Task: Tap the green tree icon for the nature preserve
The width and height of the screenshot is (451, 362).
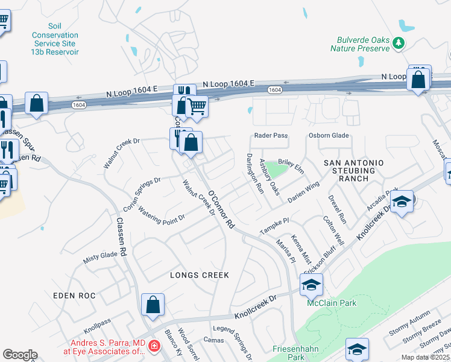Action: pos(398,43)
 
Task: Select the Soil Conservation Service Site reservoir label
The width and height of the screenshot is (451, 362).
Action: pos(55,39)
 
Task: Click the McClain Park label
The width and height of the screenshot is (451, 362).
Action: pos(331,303)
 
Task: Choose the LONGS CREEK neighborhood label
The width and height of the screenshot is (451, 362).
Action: pos(200,275)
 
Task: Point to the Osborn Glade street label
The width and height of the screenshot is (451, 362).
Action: pos(329,136)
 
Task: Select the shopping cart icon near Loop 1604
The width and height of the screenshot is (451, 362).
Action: pos(197,107)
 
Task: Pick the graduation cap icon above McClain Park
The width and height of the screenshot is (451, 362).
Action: pos(311,284)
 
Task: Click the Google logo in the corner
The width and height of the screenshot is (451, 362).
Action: pos(20,355)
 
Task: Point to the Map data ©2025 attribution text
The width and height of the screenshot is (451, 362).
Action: pos(426,357)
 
